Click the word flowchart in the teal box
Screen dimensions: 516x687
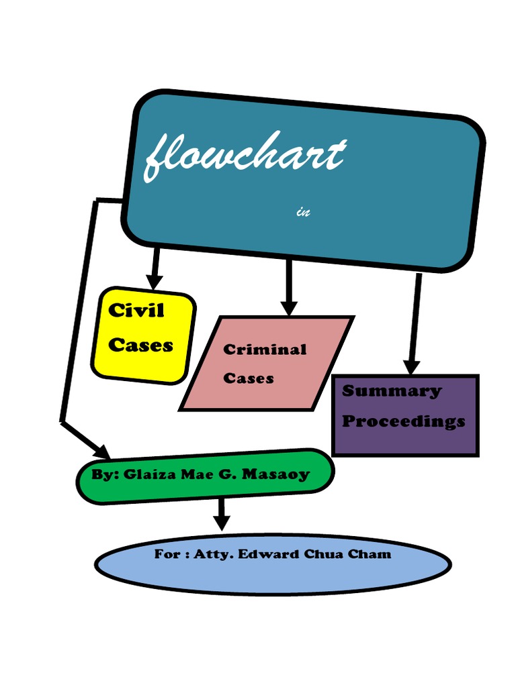(245, 156)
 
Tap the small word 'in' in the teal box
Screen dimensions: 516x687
(302, 213)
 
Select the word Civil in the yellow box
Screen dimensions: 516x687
(136, 311)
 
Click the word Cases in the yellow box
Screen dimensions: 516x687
(140, 346)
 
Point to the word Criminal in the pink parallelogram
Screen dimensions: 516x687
(265, 350)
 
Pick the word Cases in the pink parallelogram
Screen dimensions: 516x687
(249, 378)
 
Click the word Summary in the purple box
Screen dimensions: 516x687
(392, 391)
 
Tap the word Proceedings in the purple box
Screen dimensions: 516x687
(403, 421)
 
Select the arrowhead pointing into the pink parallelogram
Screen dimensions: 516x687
(289, 307)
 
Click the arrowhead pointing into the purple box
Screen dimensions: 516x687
(411, 366)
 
